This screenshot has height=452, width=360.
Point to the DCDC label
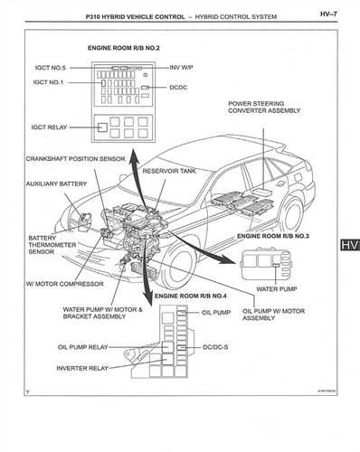(x=182, y=89)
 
